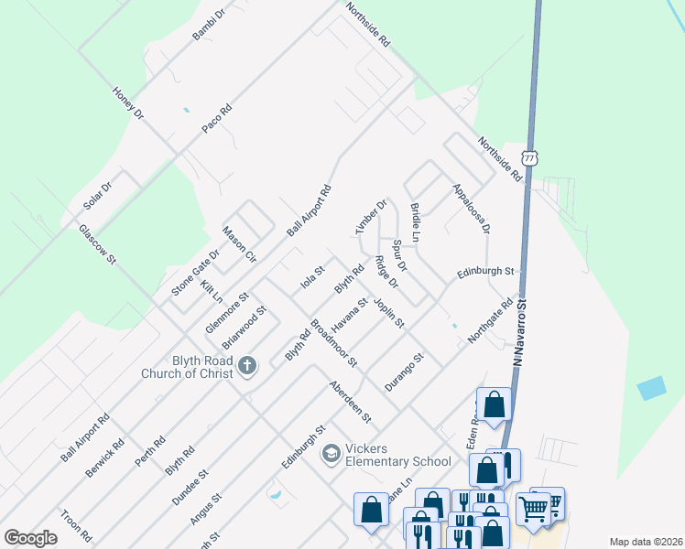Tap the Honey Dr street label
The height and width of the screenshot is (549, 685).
(x=128, y=103)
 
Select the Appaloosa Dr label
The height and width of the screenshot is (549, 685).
(x=472, y=208)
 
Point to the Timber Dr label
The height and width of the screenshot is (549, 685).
(x=372, y=216)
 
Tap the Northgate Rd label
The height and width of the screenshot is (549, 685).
(x=491, y=320)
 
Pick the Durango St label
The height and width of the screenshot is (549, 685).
(x=404, y=372)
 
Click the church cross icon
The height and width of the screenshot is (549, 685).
(x=246, y=367)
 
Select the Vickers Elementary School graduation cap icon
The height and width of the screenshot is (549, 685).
(x=331, y=453)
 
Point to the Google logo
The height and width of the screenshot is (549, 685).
(x=31, y=538)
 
